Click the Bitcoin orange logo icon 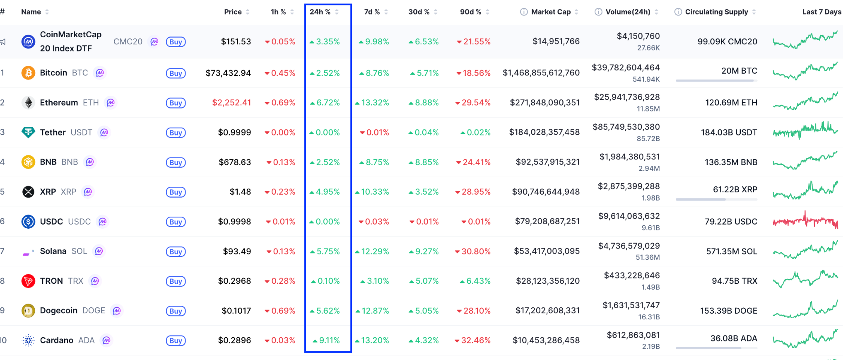[28, 73]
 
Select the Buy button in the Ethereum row [176, 103]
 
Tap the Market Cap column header [551, 12]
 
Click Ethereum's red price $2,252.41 [231, 103]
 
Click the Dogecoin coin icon [28, 311]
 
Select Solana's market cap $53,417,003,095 [547, 251]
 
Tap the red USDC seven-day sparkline [805, 221]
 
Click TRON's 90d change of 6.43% [478, 281]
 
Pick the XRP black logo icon [28, 192]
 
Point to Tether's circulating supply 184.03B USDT [729, 133]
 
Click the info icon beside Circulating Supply [678, 12]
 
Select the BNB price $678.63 [235, 162]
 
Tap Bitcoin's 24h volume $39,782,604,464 [626, 68]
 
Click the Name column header [31, 12]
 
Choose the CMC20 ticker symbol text [128, 42]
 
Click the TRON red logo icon [28, 281]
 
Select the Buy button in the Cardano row [176, 341]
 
